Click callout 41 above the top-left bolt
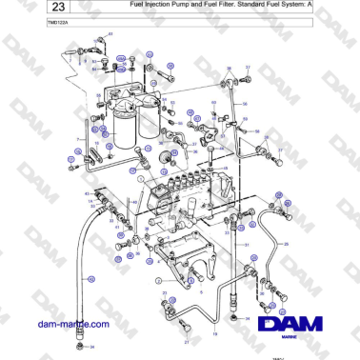pos(109,34)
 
